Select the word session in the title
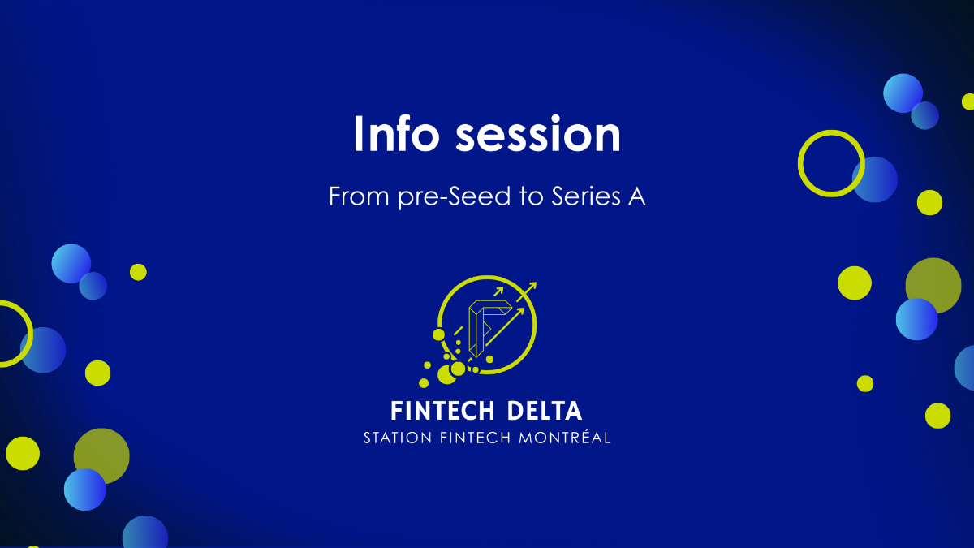click(x=538, y=135)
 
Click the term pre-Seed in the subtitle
click(x=455, y=197)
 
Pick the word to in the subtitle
click(x=532, y=196)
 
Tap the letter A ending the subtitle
click(x=636, y=196)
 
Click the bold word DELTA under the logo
click(x=545, y=411)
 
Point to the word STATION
click(x=398, y=438)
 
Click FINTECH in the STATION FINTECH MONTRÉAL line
click(x=476, y=438)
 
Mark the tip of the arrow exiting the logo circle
click(x=537, y=283)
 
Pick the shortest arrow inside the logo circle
click(x=498, y=291)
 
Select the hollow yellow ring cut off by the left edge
click(x=31, y=334)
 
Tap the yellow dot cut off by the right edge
click(x=969, y=101)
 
